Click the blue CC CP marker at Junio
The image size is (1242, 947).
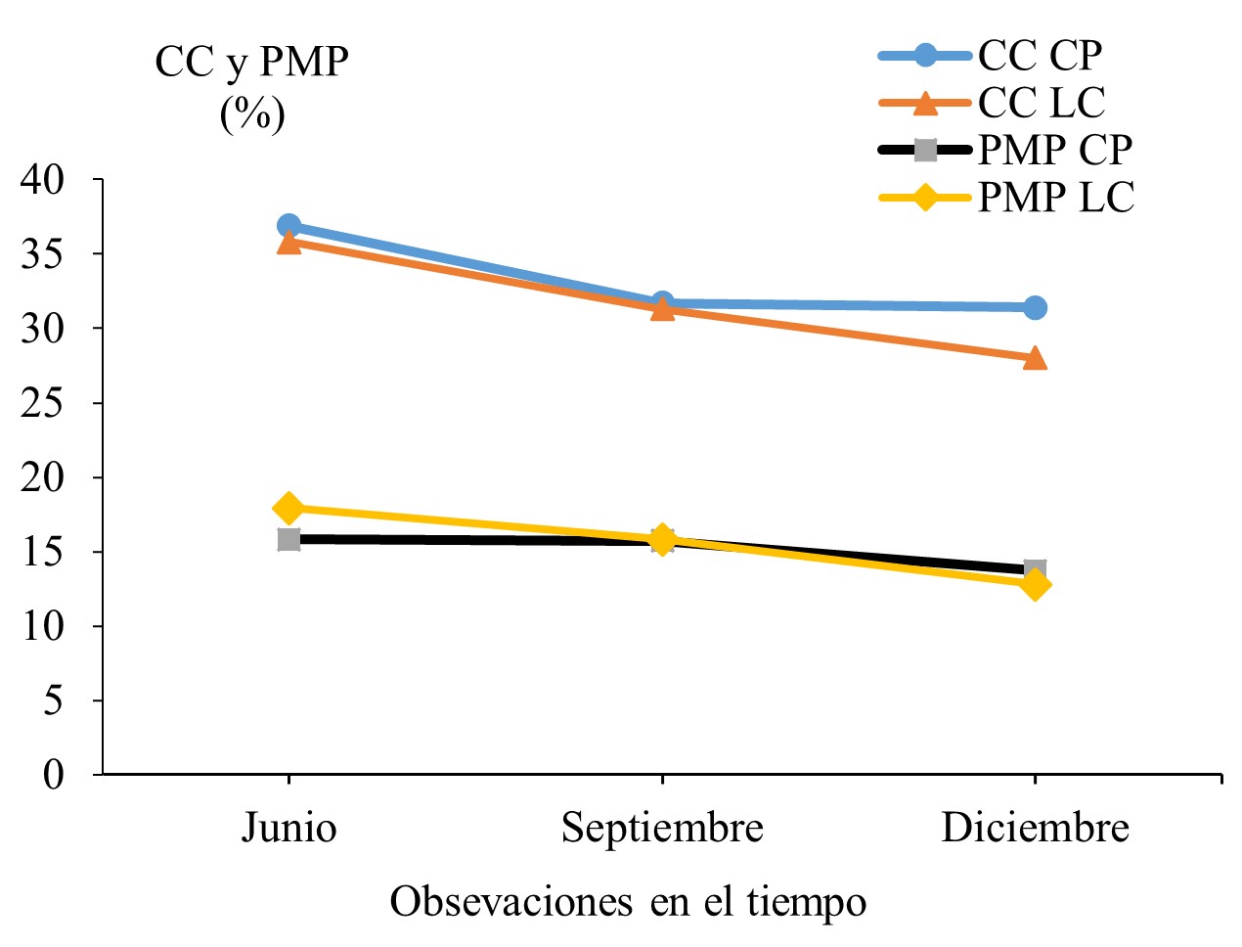tap(288, 226)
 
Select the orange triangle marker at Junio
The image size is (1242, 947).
tap(288, 243)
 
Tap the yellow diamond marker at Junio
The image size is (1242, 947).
tap(288, 508)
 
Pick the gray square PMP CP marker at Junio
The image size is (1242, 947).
tap(288, 539)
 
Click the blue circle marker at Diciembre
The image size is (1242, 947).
tap(1035, 307)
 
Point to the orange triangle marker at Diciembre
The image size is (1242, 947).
tap(1035, 359)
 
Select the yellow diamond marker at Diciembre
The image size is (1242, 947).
tap(1035, 585)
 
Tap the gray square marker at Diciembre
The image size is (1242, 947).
tap(1035, 568)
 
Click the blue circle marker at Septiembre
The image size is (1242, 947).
tap(662, 302)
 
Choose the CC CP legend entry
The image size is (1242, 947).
tap(1040, 56)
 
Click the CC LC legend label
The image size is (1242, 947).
tap(1042, 103)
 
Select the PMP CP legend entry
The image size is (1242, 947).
tap(1054, 150)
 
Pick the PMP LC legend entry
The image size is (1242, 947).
tap(1055, 198)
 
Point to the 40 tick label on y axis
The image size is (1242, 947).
tap(43, 179)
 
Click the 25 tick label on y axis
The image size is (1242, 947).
tap(43, 402)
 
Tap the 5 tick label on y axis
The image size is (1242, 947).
tap(53, 700)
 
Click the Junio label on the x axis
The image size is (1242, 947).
tap(288, 829)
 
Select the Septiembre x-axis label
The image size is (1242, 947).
tap(662, 829)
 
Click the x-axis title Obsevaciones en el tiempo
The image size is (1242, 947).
tap(628, 901)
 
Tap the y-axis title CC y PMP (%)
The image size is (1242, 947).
tap(252, 88)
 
